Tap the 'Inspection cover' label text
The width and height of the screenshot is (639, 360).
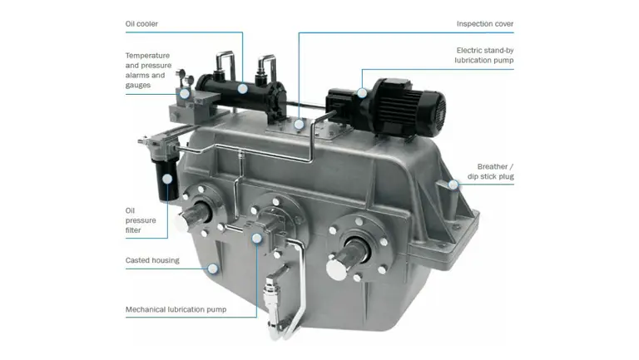click(x=485, y=24)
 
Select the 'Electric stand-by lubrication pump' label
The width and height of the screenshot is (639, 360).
click(x=484, y=55)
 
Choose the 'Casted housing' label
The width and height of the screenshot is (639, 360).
click(x=152, y=261)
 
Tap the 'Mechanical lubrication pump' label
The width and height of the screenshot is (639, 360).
click(x=176, y=310)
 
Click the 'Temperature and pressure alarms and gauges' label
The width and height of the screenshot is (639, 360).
click(x=147, y=70)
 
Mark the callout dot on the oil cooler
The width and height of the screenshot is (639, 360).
click(x=242, y=88)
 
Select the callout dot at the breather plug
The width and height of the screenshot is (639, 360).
click(x=453, y=184)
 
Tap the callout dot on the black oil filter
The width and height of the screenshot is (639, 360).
click(x=168, y=176)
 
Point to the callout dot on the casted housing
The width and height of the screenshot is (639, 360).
click(x=214, y=268)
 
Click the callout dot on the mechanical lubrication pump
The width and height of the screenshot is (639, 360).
click(x=256, y=237)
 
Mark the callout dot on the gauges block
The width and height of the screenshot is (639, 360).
click(x=182, y=96)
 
